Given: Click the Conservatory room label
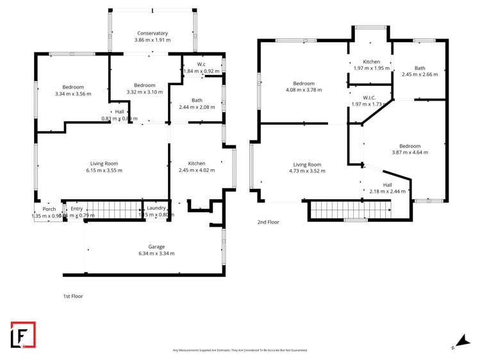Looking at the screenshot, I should pyautogui.click(x=153, y=33).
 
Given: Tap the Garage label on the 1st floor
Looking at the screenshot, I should pyautogui.click(x=156, y=247).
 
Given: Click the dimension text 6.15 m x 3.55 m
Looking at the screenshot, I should pyautogui.click(x=104, y=170).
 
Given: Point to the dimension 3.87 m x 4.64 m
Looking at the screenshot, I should pyautogui.click(x=410, y=152).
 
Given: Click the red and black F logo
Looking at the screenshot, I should pyautogui.click(x=23, y=335).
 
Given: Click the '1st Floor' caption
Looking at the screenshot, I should pyautogui.click(x=72, y=296).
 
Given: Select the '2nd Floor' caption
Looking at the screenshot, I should pyautogui.click(x=268, y=222).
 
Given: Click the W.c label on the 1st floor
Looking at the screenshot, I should pyautogui.click(x=201, y=64).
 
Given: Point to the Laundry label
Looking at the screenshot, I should pyautogui.click(x=156, y=208).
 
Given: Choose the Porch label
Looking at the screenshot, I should pyautogui.click(x=49, y=209).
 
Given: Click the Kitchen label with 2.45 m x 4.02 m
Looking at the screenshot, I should pyautogui.click(x=196, y=163).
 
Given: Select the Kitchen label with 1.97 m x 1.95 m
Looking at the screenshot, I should pyautogui.click(x=372, y=61).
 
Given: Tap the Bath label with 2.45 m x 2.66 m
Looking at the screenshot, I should pyautogui.click(x=420, y=68).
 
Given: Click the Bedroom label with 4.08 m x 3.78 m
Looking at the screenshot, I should pyautogui.click(x=304, y=83).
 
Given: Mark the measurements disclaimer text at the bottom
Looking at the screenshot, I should pyautogui.click(x=240, y=350).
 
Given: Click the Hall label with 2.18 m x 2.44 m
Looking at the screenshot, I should pyautogui.click(x=387, y=184).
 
